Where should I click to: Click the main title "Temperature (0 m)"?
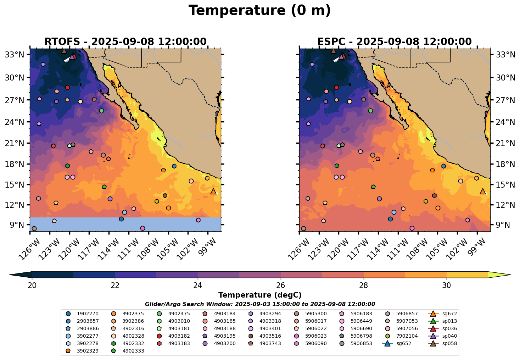coord(259,11)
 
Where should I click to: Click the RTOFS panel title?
coord(125,42)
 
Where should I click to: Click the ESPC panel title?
coord(395,42)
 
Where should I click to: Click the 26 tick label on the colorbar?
coord(281,286)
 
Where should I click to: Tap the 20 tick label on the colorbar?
coord(32,286)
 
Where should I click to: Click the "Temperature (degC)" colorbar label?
coord(260,295)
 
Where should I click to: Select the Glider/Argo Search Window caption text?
coord(260,304)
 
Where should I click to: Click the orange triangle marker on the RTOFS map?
coord(213,192)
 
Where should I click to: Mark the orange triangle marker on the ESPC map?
coord(483,192)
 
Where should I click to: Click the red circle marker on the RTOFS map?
coord(67,87)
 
